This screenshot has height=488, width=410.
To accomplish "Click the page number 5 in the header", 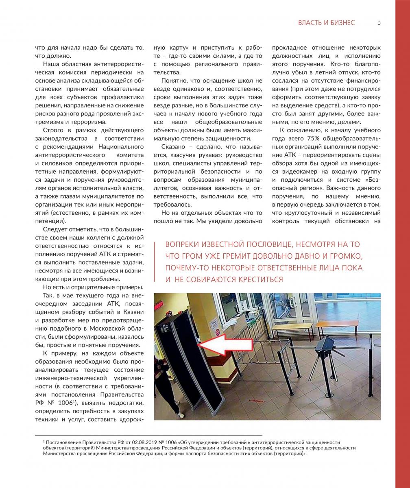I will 379,22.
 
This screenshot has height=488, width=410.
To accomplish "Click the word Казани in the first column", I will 133,312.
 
